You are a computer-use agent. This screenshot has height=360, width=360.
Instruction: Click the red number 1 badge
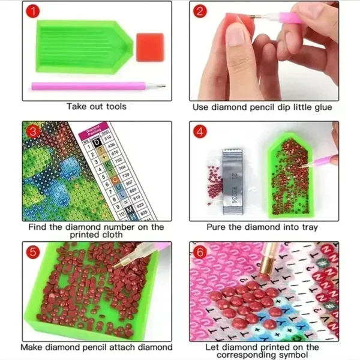tap(34, 13)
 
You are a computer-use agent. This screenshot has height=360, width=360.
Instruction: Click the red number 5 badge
tap(34, 252)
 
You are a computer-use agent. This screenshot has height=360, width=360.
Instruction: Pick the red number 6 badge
tap(200, 252)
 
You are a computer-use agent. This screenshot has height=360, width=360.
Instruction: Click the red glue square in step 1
tap(149, 47)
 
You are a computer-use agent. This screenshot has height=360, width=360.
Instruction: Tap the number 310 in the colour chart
tap(108, 137)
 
